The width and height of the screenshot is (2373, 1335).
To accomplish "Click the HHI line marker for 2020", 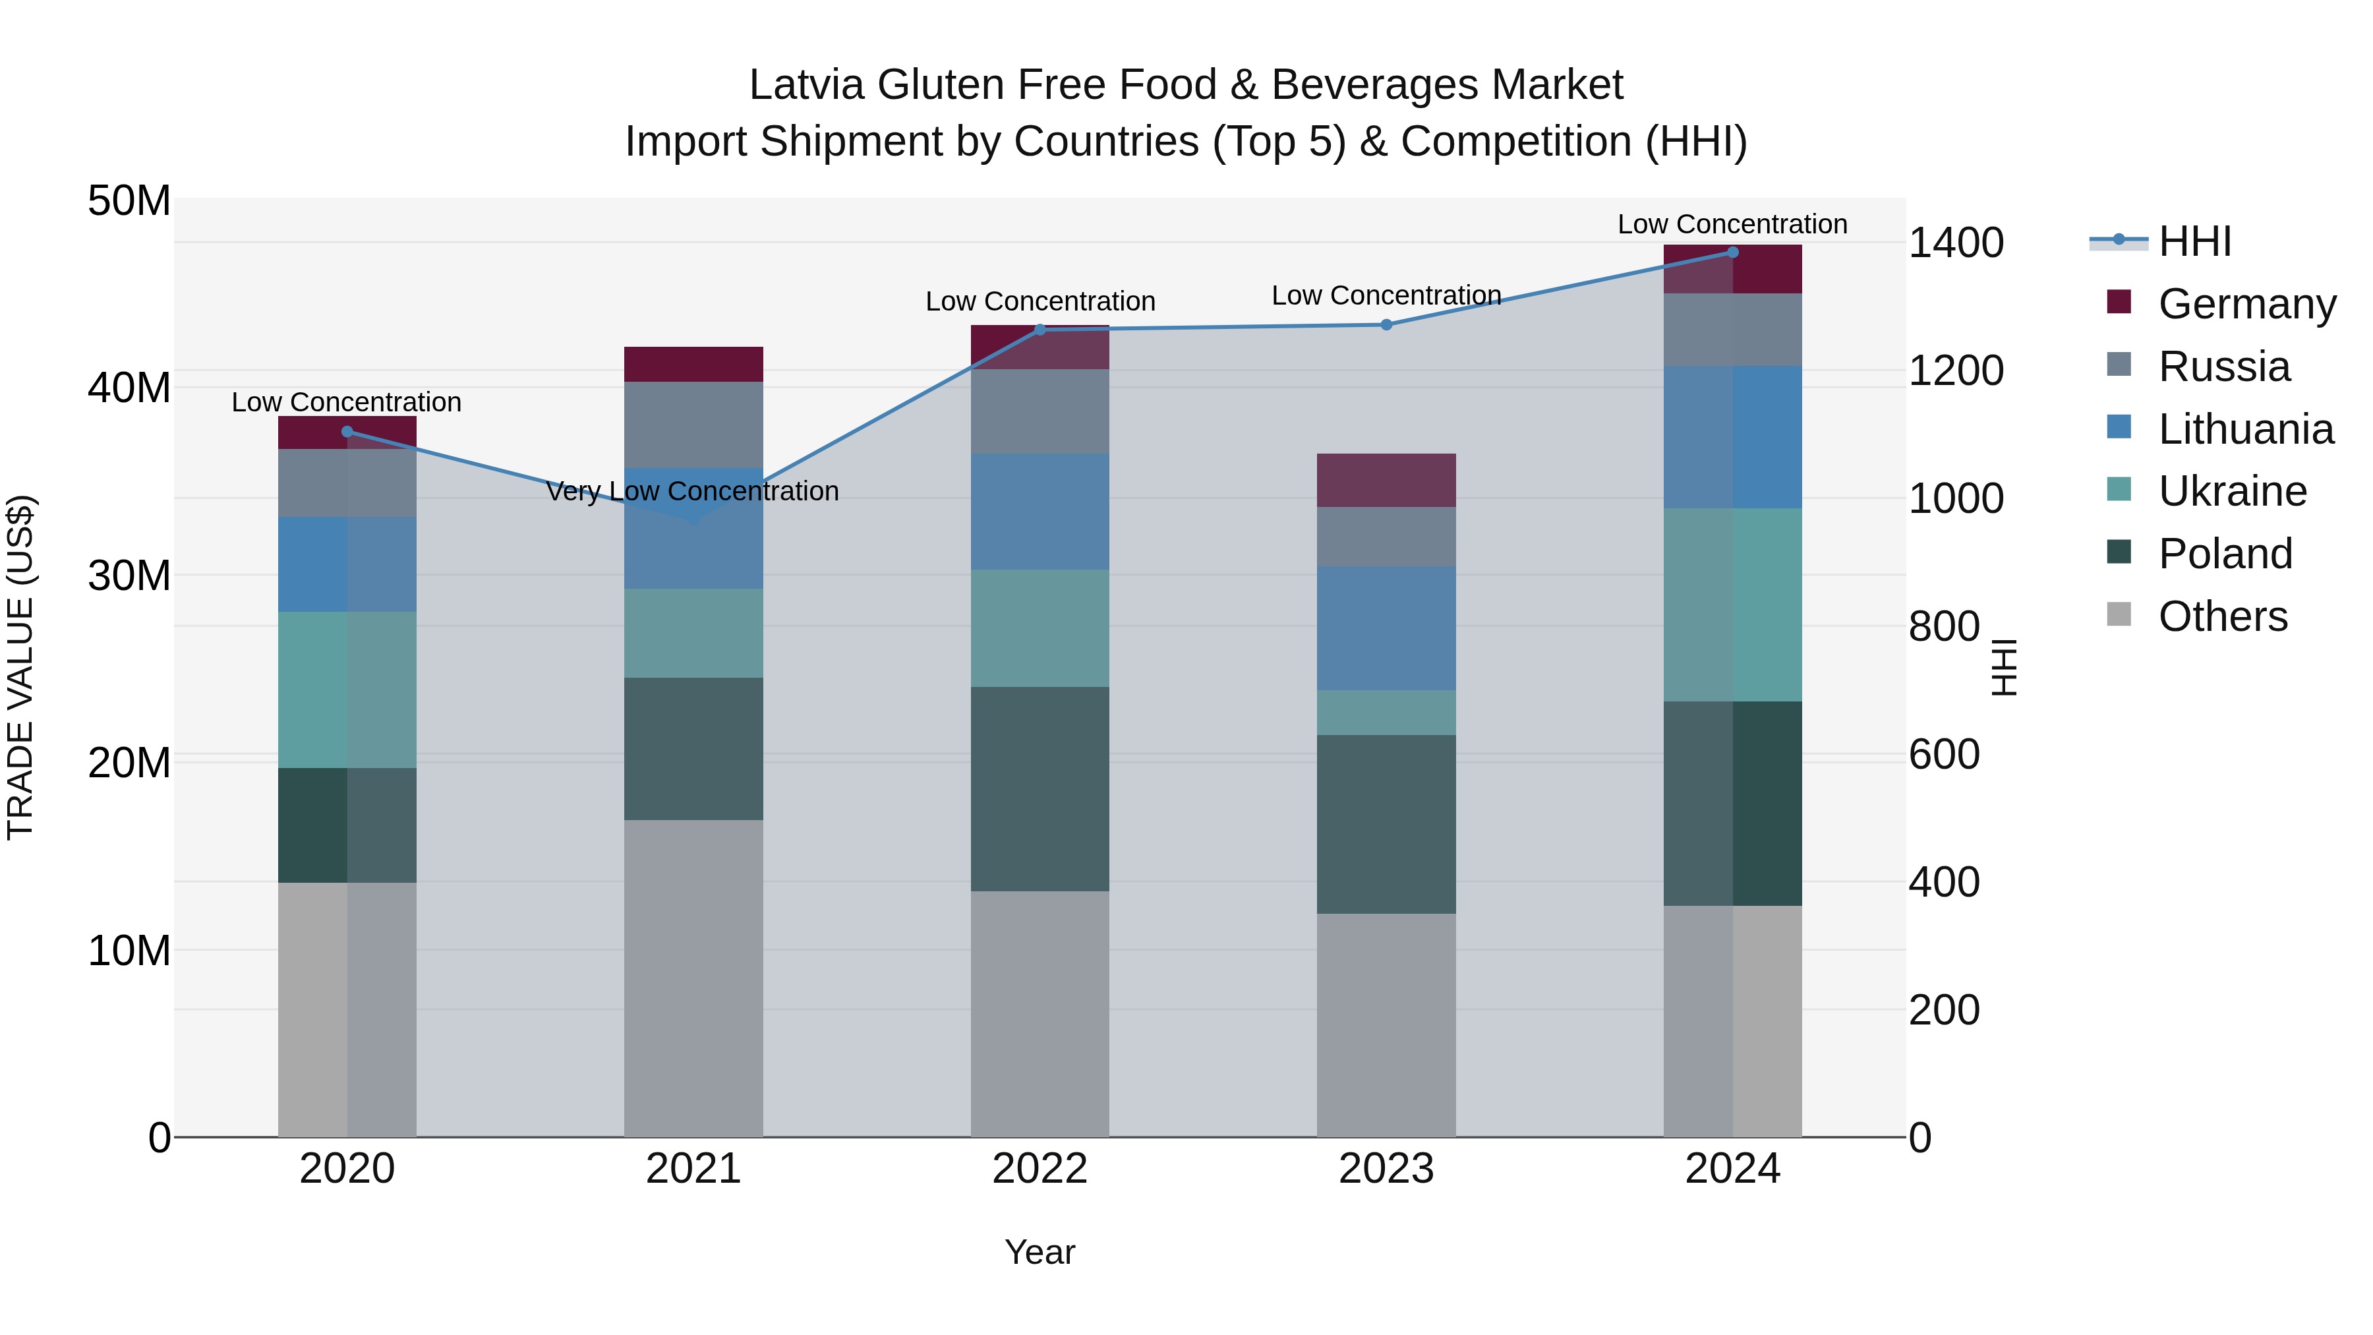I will [x=347, y=431].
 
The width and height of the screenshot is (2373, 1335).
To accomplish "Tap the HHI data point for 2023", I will [x=1386, y=324].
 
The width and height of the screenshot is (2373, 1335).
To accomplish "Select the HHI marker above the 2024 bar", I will [x=1733, y=252].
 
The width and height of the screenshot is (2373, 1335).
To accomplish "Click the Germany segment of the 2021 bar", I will [x=693, y=364].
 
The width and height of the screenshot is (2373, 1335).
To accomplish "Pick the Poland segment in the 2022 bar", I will [x=1040, y=788].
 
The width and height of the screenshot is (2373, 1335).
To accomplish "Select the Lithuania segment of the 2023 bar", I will [x=1386, y=628].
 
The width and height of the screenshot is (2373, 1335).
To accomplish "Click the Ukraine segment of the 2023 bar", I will [x=1386, y=712].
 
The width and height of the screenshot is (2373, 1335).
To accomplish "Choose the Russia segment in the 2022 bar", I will [x=1040, y=411].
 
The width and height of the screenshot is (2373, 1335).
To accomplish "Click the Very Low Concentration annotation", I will [x=693, y=491].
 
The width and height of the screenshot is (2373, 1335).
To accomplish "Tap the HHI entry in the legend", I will [x=2194, y=241].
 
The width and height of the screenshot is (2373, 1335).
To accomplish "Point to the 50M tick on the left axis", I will [x=129, y=201].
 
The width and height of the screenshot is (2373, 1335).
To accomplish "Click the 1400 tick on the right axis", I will [x=1956, y=243].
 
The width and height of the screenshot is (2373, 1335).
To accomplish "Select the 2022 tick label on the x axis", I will [x=1040, y=1169].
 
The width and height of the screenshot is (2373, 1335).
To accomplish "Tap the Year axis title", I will [x=1040, y=1252].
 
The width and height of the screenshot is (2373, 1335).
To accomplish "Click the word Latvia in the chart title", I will [x=806, y=85].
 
